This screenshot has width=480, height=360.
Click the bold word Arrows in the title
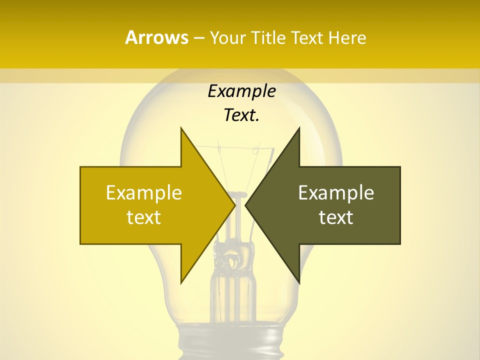click(x=156, y=37)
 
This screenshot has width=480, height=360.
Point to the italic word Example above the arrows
click(x=241, y=91)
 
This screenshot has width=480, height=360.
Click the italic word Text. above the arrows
click(x=241, y=115)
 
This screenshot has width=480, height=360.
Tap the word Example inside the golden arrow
click(x=143, y=192)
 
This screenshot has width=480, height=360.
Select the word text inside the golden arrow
click(x=143, y=217)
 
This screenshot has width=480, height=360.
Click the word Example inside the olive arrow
click(x=336, y=192)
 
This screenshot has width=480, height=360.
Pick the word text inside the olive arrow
click(x=336, y=217)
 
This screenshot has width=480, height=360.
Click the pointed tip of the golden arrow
click(x=234, y=205)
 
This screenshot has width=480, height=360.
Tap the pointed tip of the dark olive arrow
click(x=246, y=205)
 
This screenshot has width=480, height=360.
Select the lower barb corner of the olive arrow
click(x=299, y=282)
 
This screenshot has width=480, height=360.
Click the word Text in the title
click(x=306, y=38)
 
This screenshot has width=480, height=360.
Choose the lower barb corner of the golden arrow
click(x=181, y=282)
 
